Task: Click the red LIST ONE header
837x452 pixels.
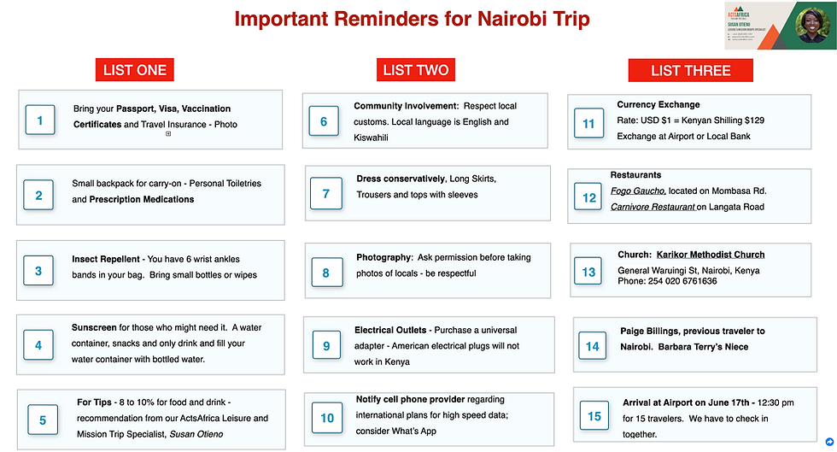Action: (x=135, y=70)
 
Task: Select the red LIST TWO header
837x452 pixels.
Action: (x=415, y=70)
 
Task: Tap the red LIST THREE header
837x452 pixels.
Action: (x=690, y=71)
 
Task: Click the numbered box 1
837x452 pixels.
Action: (x=39, y=120)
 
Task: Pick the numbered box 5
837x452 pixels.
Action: (x=43, y=420)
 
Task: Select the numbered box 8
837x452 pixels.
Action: (x=326, y=273)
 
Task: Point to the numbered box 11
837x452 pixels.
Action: (x=588, y=124)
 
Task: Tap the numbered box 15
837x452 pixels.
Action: (x=594, y=416)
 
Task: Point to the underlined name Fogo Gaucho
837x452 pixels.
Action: (x=639, y=191)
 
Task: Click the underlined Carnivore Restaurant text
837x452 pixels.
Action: (x=653, y=207)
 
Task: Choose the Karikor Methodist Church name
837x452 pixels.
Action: (x=711, y=255)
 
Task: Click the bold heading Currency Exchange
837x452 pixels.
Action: (x=658, y=105)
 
